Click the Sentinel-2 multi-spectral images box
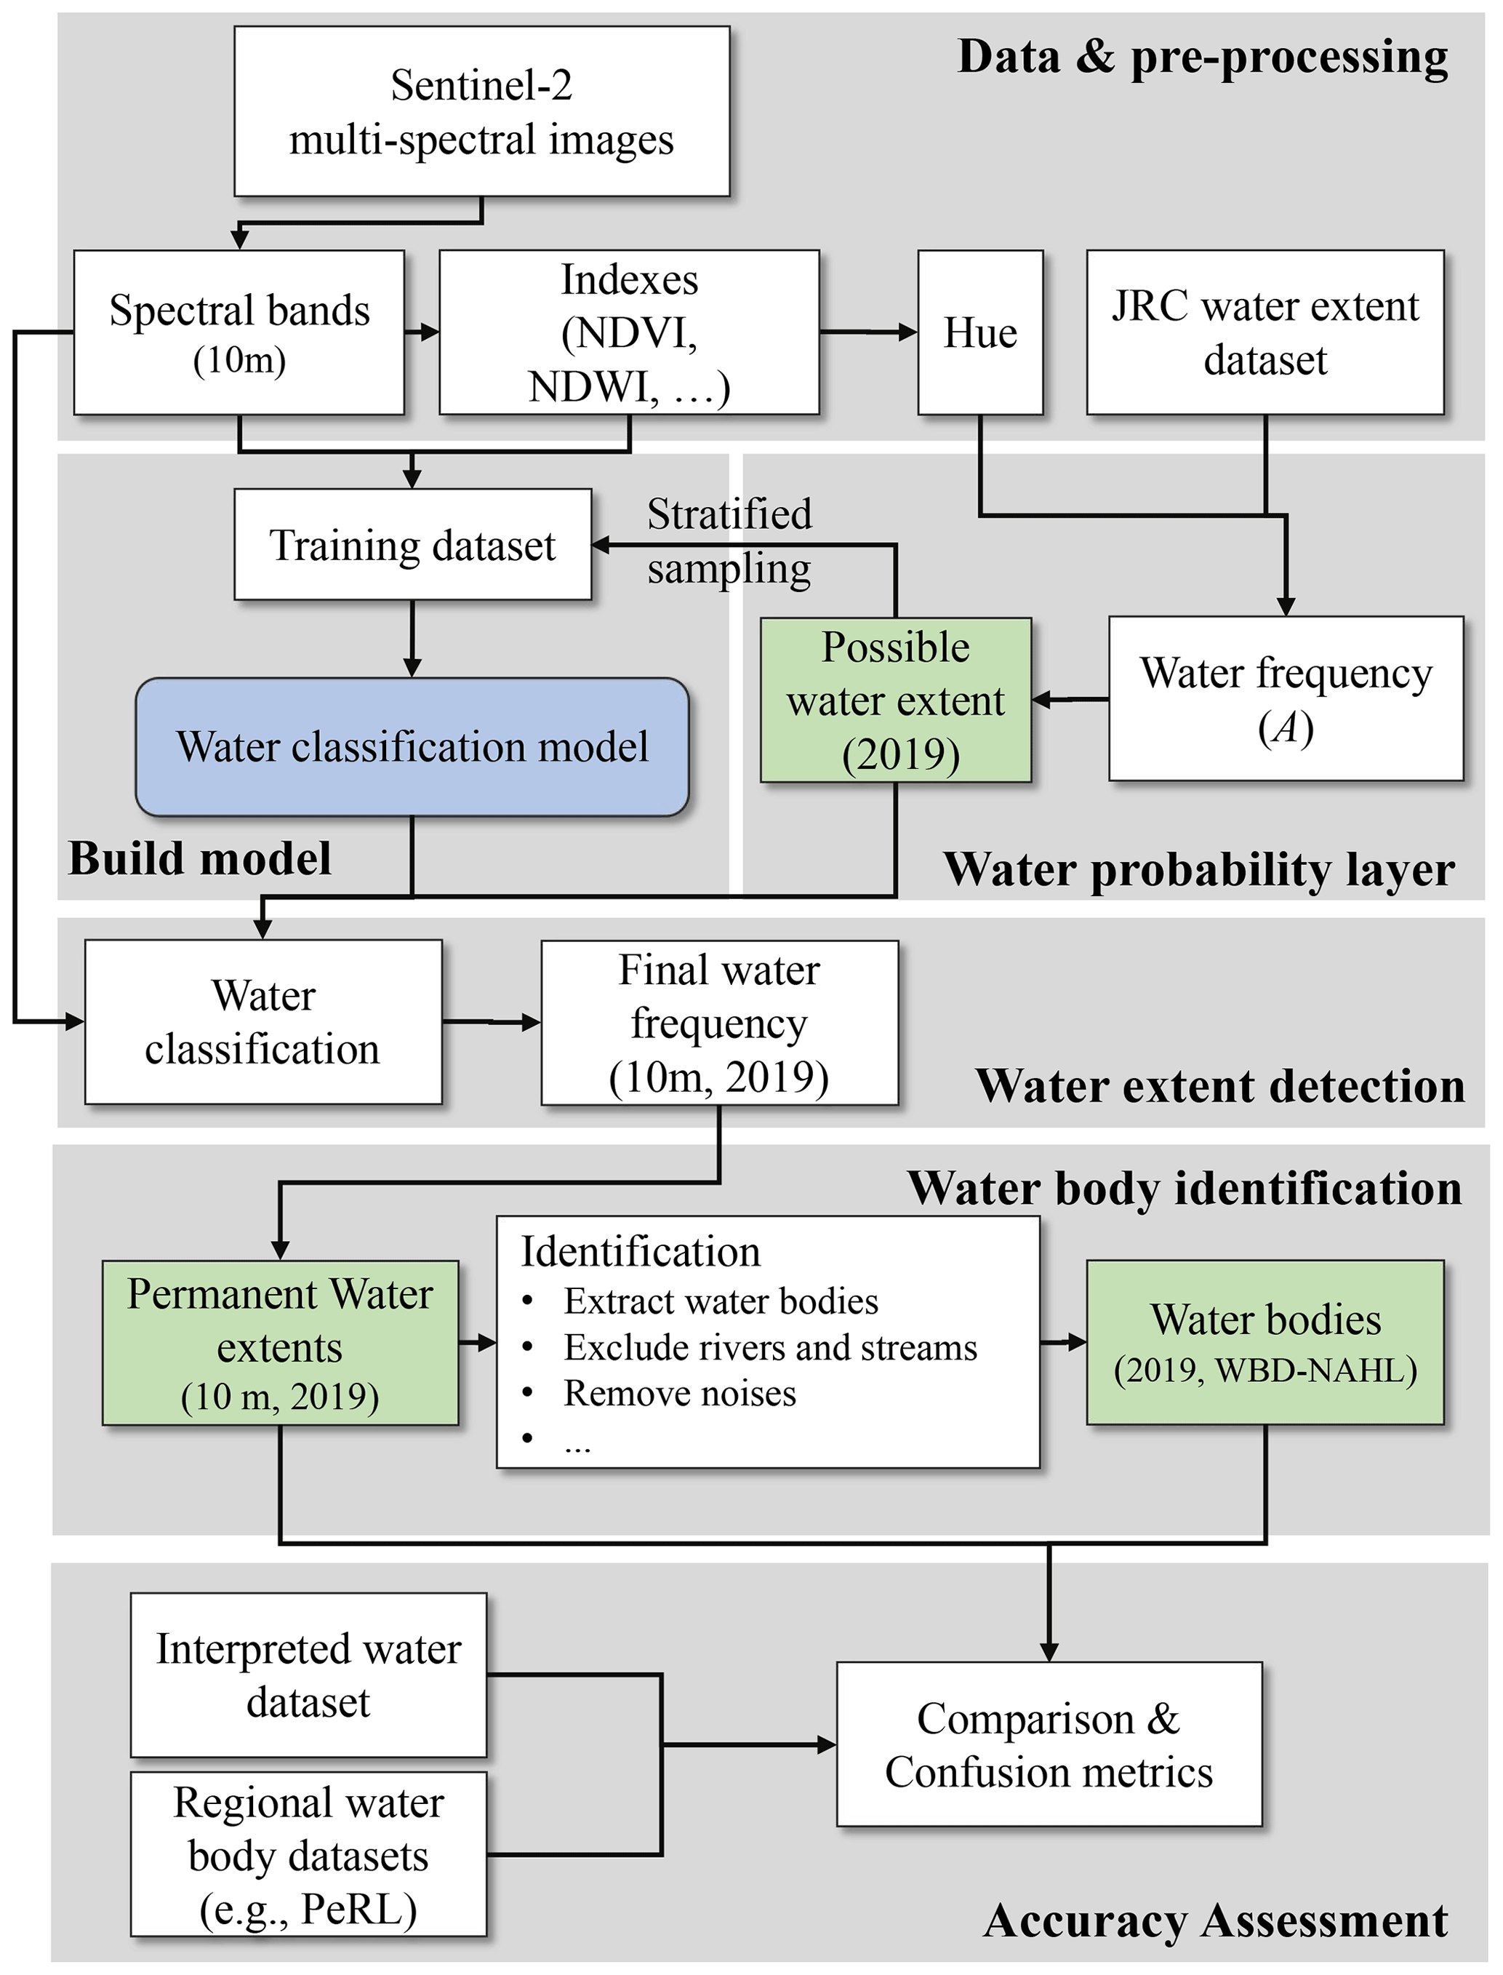[481, 111]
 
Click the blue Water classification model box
[412, 746]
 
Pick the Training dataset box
[412, 544]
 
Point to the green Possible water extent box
[896, 700]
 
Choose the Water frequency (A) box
[1286, 698]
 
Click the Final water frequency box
[719, 1022]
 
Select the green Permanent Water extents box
[280, 1342]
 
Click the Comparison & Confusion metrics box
[1049, 1744]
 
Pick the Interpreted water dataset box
[308, 1675]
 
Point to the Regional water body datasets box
[308, 1854]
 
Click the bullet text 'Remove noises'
[680, 1393]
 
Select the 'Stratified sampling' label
[729, 540]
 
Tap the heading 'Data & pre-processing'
[1203, 57]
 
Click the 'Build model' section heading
[199, 858]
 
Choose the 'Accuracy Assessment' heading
[1215, 1920]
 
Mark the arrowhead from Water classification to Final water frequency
[531, 1022]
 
